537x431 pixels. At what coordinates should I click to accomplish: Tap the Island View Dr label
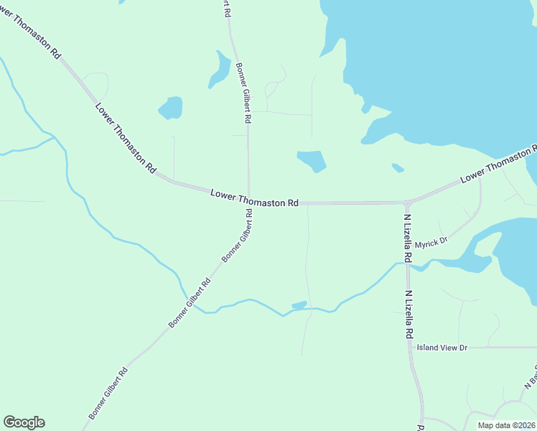tap(442, 348)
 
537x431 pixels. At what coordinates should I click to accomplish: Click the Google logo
tap(24, 422)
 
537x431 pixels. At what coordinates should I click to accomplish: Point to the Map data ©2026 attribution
tap(505, 425)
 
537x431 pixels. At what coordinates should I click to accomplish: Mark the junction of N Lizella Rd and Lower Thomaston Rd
tap(407, 203)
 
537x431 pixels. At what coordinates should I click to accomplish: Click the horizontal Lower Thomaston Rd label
tap(254, 199)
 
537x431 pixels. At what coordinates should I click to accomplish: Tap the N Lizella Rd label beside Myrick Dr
tap(407, 238)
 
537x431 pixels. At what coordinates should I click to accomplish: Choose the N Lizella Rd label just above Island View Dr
tap(408, 315)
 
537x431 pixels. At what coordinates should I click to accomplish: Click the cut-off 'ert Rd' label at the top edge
tap(226, 9)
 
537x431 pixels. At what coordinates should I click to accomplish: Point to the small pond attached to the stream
tap(299, 305)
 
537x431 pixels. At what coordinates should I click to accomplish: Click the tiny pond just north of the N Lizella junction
tap(398, 168)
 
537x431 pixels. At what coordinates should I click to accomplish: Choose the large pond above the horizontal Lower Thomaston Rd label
tap(312, 160)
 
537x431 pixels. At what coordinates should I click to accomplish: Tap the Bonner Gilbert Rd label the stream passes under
tap(190, 303)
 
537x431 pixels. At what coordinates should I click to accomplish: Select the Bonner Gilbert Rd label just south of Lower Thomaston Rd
tap(238, 236)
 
